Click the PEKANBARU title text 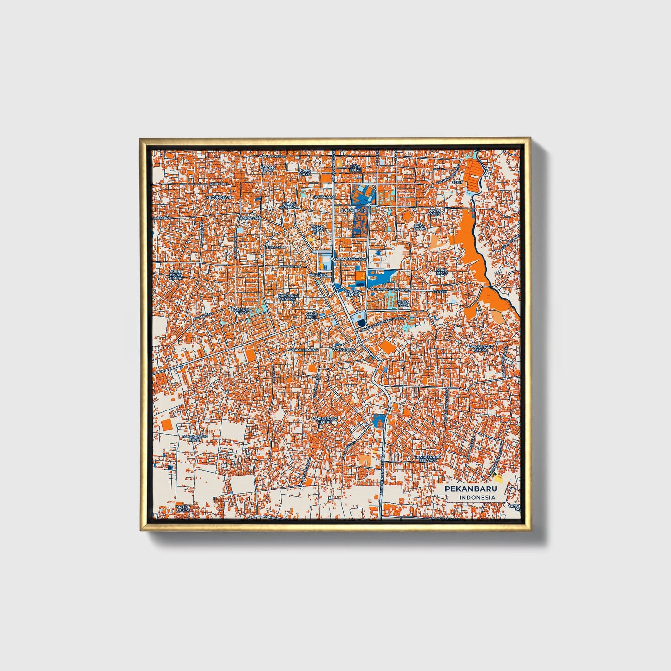470,489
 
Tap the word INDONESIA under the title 477,498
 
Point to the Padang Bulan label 267,169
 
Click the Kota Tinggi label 355,169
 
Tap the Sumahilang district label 354,210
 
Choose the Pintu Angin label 435,212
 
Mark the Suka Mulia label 420,227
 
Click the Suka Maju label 442,272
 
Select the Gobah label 440,292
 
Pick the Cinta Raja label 404,304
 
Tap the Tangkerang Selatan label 426,458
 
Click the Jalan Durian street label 291,267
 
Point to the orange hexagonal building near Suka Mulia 407,216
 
